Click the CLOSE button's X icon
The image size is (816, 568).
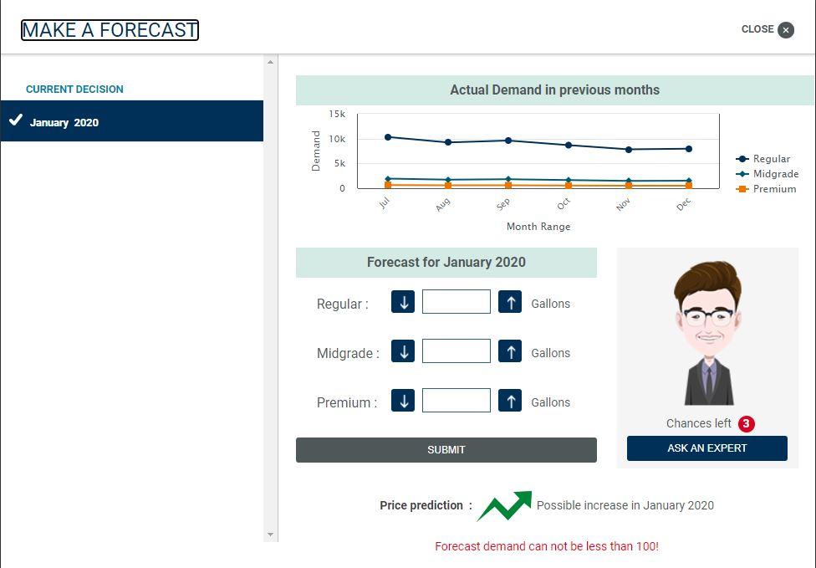(x=786, y=30)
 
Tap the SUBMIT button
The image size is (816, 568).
(x=446, y=450)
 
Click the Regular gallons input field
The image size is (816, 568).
(x=456, y=301)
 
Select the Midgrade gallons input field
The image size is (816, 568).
(x=456, y=351)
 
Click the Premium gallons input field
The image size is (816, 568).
(x=456, y=400)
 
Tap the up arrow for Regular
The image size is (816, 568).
(x=510, y=301)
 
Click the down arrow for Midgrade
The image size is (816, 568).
(x=403, y=351)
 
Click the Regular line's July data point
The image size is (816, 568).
(x=388, y=137)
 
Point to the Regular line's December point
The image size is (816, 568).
(x=689, y=149)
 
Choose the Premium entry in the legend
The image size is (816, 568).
(x=766, y=189)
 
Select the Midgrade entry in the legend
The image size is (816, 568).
(x=767, y=174)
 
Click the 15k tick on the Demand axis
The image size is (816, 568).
(x=337, y=114)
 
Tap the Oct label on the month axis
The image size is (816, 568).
(x=564, y=204)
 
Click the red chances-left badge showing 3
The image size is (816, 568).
(x=747, y=424)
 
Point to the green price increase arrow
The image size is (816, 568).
(x=504, y=505)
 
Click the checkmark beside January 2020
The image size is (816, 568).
(x=16, y=120)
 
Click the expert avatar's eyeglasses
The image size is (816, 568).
(x=708, y=316)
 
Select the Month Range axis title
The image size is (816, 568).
(x=538, y=227)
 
